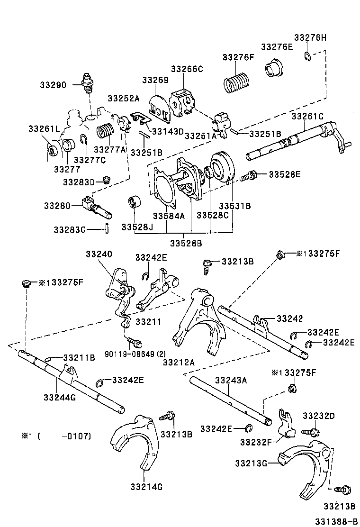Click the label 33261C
point(307,116)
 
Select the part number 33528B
point(186,244)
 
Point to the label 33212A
point(179,362)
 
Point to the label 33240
point(99,254)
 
